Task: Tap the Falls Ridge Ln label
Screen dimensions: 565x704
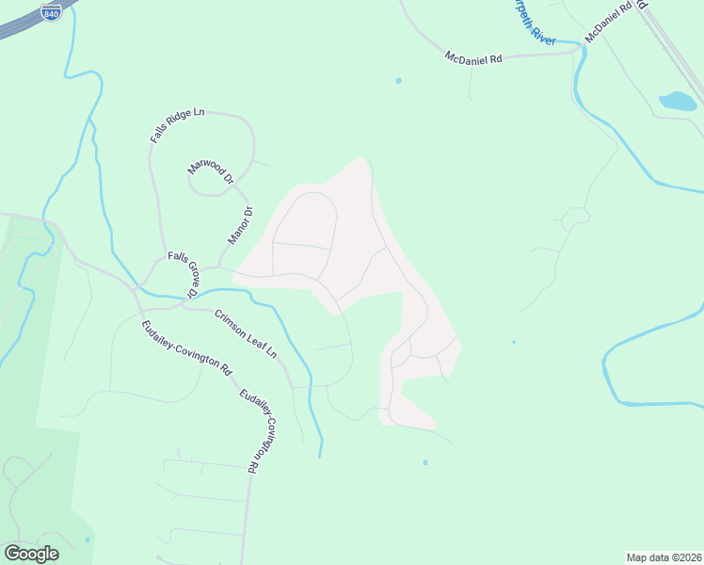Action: click(177, 125)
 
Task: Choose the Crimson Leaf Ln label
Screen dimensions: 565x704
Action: click(247, 334)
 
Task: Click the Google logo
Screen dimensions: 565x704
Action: click(31, 554)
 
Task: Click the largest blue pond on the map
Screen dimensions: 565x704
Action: click(678, 100)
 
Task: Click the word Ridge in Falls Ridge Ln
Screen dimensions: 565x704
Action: click(177, 125)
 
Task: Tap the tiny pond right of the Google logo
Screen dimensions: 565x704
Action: click(88, 540)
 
